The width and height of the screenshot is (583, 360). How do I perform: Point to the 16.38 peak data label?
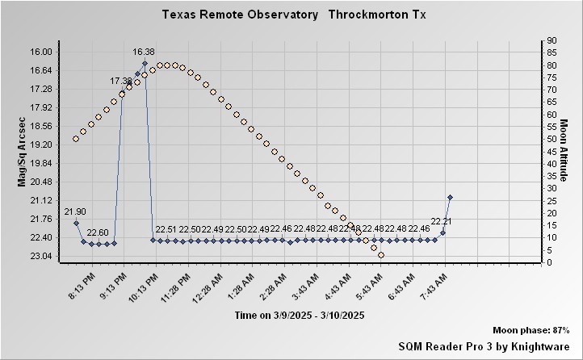point(144,52)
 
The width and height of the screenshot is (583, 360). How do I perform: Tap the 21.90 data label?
point(75,211)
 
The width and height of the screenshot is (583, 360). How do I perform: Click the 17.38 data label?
point(121,81)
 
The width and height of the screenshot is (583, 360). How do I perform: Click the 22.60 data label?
point(98,232)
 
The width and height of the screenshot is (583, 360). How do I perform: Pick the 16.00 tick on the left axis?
point(40,52)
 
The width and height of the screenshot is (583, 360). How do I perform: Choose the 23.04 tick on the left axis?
point(40,257)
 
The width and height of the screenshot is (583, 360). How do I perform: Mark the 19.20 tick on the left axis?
point(40,144)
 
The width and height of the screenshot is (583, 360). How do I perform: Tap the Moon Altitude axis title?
point(564,151)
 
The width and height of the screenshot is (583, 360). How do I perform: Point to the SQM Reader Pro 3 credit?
point(484,345)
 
